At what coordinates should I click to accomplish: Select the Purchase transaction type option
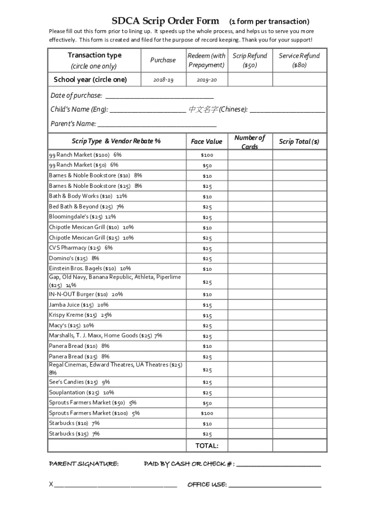[163, 60]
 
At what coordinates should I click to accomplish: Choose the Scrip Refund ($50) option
[249, 60]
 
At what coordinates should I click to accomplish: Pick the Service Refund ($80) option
[299, 60]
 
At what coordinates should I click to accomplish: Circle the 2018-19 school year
[163, 80]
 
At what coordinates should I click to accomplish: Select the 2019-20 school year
[206, 80]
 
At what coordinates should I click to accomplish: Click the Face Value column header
[206, 142]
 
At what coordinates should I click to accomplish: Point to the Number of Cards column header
[249, 142]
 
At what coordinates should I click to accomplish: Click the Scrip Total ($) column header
[299, 142]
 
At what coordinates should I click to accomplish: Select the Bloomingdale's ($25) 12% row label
[82, 217]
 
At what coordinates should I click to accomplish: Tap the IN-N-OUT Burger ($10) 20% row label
[86, 295]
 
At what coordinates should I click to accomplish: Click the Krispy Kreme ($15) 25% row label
[80, 315]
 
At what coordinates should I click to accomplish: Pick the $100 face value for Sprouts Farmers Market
[206, 413]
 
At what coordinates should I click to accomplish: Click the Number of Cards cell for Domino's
[249, 258]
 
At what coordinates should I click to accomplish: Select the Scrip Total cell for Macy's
[299, 326]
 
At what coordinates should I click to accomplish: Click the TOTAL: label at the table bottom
[206, 446]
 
